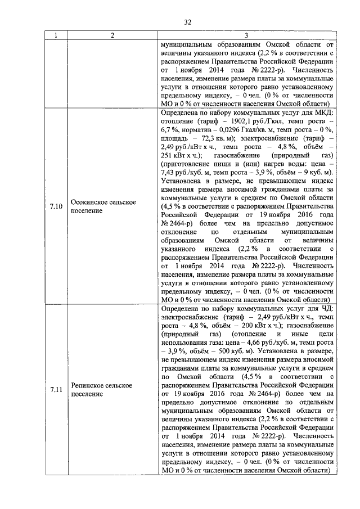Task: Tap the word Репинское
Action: tap(91, 385)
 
